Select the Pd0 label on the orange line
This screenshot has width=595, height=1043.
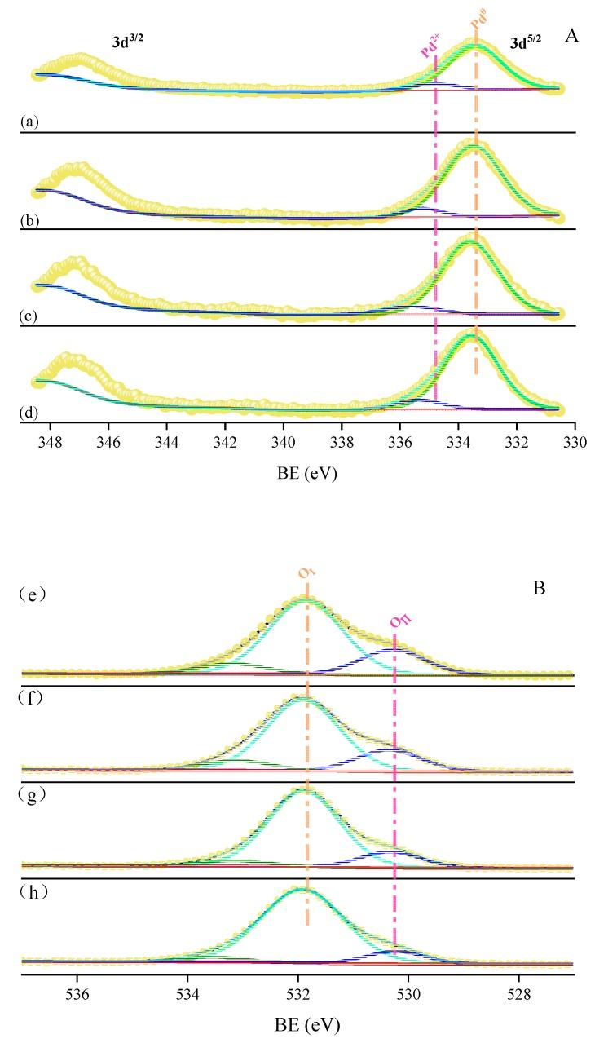click(478, 32)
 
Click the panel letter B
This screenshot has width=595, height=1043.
click(539, 586)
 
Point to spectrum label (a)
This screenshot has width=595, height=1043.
click(29, 122)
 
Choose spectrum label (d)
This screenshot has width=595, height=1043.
click(29, 413)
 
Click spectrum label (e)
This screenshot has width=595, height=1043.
click(35, 593)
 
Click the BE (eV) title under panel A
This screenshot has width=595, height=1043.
click(298, 472)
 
